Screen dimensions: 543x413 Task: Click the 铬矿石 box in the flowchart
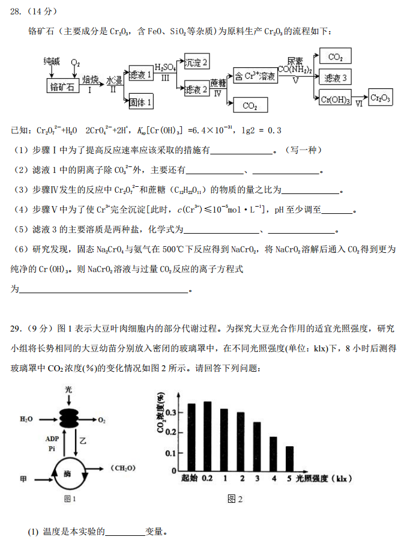64,86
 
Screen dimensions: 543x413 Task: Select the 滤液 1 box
141,75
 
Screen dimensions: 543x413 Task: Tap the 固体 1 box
141,102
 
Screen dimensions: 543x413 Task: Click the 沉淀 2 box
196,62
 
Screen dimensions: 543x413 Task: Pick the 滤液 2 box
196,89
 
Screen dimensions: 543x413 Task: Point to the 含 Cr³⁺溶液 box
255,76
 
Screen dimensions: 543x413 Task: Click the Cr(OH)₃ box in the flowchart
336,99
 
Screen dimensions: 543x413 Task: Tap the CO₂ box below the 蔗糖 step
250,106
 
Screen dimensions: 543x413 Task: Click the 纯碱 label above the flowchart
52,62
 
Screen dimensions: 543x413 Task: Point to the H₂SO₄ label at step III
165,67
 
